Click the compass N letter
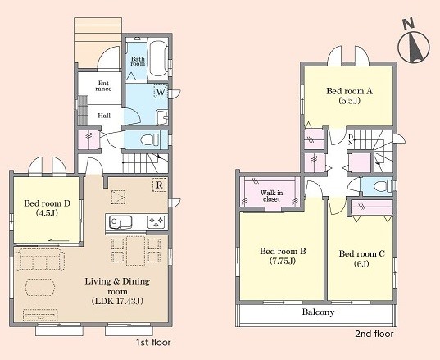408,24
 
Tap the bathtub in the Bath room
157,59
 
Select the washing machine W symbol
161,92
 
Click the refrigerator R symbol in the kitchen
160,185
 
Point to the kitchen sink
120,222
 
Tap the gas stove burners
156,222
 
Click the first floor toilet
149,139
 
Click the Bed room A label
349,91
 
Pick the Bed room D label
47,203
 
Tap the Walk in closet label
271,196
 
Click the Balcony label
318,312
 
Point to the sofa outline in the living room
40,259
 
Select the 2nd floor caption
374,334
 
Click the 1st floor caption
153,343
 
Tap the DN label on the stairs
351,139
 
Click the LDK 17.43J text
117,301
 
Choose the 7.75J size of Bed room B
283,261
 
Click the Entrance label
103,86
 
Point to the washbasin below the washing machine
162,117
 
